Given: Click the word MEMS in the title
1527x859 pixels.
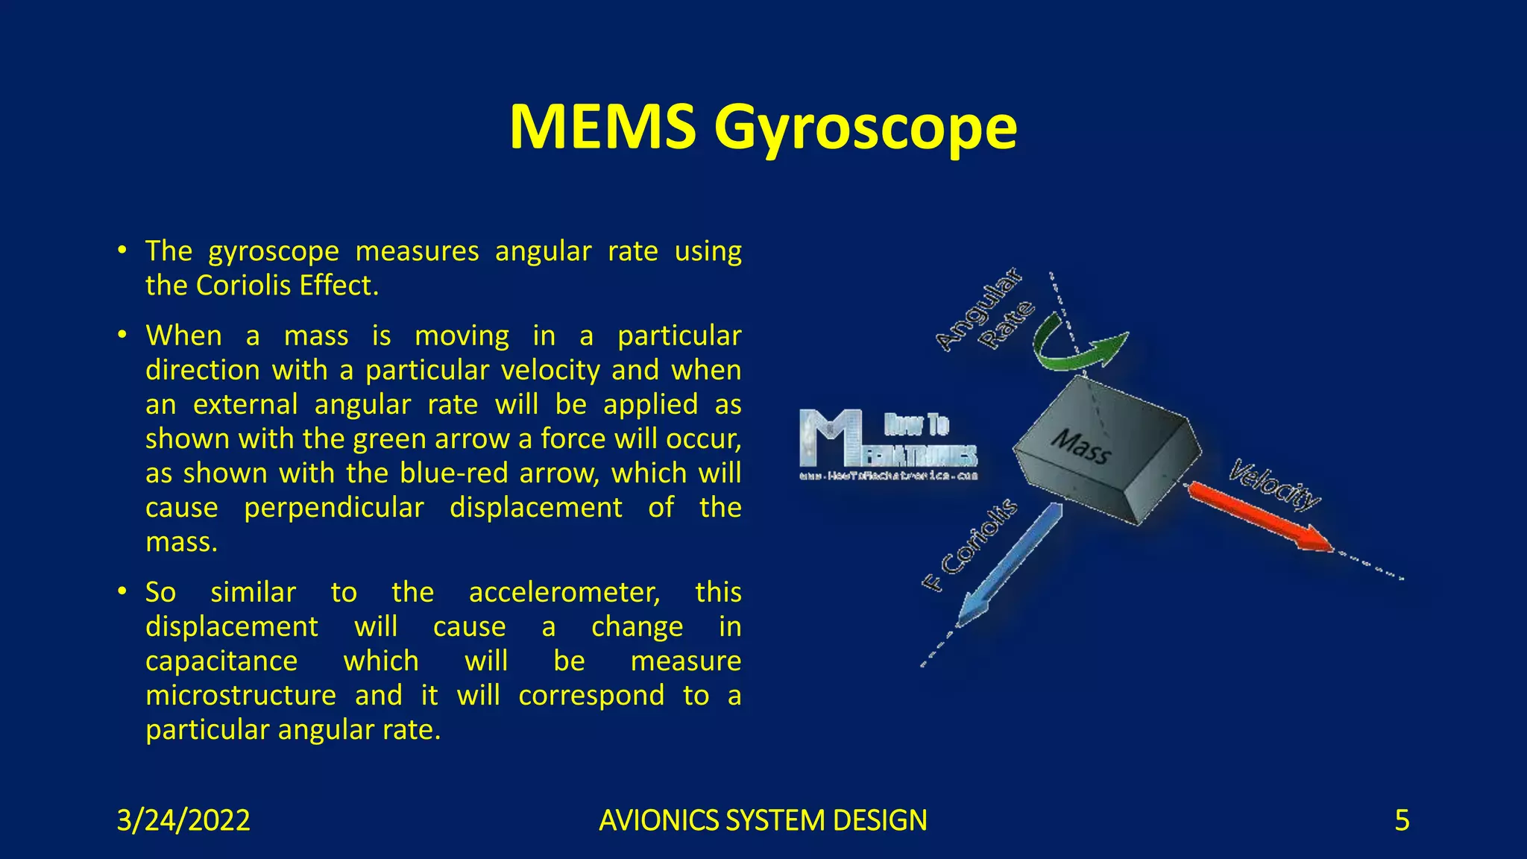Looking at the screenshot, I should tap(602, 127).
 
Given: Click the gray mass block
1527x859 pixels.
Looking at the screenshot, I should tap(1107, 451).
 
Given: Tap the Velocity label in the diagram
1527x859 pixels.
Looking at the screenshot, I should tap(1274, 485).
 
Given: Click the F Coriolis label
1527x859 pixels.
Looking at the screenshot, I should tap(970, 544).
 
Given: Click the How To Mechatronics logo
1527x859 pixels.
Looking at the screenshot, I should tap(888, 444).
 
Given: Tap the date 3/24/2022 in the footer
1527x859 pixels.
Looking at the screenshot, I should tap(183, 820).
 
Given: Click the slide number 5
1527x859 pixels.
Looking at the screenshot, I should tap(1402, 820).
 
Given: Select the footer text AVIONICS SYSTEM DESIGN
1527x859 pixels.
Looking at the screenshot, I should tap(763, 820).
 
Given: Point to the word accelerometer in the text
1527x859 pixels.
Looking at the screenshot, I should tap(564, 593).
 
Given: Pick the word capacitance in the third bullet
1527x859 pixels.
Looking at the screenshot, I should tap(221, 661).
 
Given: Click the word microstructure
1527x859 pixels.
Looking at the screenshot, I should tap(241, 696).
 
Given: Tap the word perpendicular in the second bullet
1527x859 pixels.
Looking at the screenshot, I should tap(334, 508).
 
